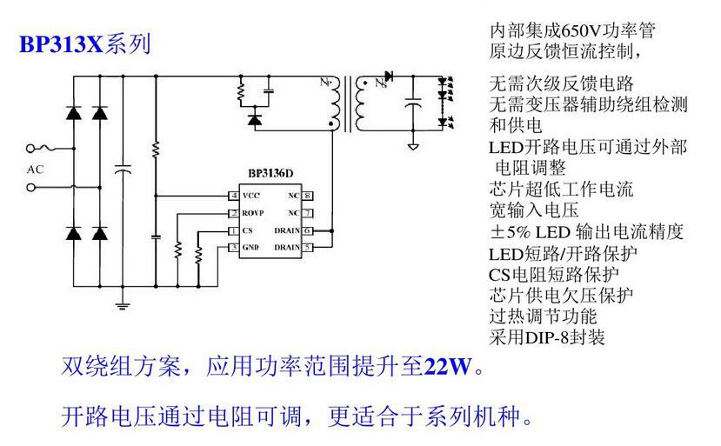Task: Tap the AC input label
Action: click(35, 169)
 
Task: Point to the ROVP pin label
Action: click(253, 213)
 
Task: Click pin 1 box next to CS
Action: click(234, 231)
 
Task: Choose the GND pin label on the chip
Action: click(251, 249)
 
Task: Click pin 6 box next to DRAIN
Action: click(308, 231)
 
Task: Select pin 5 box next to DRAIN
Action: click(308, 249)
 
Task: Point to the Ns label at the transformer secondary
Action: click(378, 84)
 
